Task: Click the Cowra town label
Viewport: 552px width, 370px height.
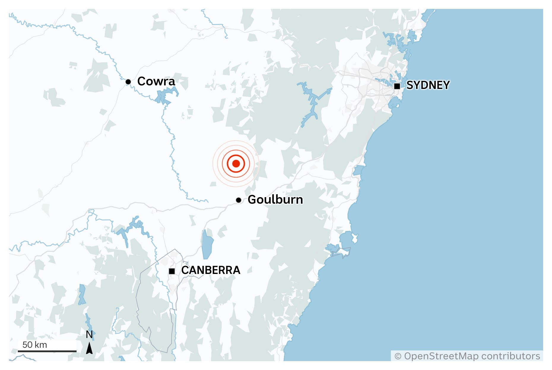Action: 156,81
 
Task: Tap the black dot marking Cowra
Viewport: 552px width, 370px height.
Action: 128,82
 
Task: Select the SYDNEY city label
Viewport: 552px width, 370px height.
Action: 428,85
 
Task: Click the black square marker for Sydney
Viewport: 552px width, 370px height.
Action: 397,86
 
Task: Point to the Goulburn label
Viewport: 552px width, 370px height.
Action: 275,200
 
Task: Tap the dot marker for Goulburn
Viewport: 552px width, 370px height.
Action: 239,200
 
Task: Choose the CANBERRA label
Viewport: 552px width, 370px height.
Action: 211,270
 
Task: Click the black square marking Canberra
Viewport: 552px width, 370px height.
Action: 172,271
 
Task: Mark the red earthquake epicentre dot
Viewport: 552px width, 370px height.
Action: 236,163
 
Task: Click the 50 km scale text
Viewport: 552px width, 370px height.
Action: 35,345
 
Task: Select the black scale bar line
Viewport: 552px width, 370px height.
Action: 47,351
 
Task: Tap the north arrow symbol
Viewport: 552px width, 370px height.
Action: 89,348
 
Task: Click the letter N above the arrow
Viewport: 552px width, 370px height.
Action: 89,335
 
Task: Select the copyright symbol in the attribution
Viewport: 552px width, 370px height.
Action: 398,356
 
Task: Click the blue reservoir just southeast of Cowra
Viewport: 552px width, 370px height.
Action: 166,95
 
